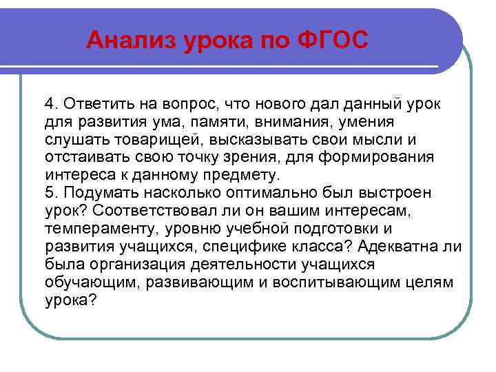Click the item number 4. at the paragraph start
52,103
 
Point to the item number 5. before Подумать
52,192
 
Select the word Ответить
92,103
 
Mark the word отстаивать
83,156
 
